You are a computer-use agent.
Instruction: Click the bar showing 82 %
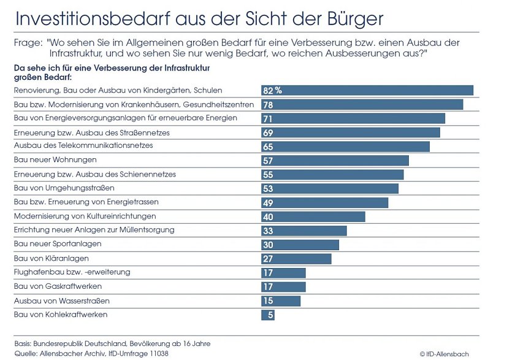click(x=368, y=91)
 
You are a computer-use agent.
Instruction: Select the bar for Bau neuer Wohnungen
click(x=335, y=161)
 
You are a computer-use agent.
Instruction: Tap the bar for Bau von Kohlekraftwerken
click(x=268, y=315)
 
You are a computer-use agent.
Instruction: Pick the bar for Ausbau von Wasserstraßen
click(x=281, y=301)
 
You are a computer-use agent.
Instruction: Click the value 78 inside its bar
click(x=268, y=105)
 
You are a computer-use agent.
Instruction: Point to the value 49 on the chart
click(x=268, y=203)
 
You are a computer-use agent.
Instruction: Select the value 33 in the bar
click(x=268, y=231)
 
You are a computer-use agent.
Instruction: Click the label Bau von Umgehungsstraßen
click(x=64, y=188)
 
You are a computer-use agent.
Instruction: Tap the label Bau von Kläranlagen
click(x=51, y=258)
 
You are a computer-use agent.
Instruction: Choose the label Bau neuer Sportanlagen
click(x=57, y=244)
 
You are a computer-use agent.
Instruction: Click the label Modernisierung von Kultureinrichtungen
click(x=85, y=216)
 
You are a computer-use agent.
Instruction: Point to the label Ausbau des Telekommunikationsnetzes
click(x=83, y=146)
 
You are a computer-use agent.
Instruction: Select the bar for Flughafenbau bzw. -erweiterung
click(x=283, y=273)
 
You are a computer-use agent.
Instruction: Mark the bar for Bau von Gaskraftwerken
click(x=283, y=287)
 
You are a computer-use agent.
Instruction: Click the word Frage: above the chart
click(x=28, y=44)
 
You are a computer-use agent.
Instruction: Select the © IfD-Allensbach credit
click(x=444, y=354)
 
